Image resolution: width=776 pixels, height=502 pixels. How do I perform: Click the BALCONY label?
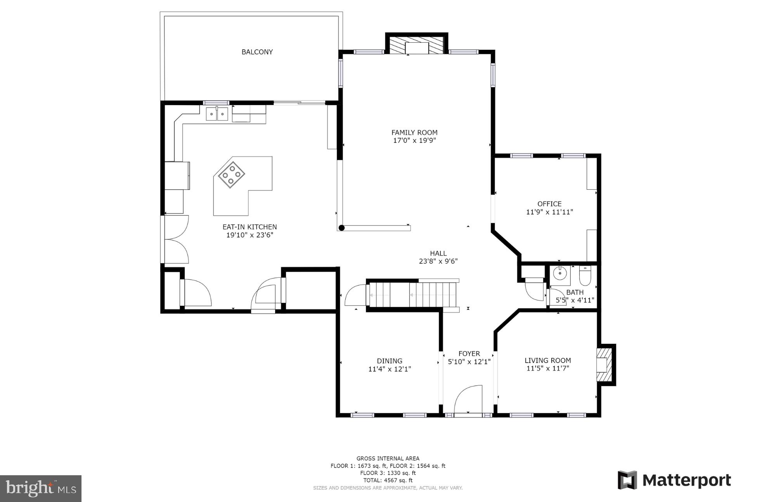(257, 52)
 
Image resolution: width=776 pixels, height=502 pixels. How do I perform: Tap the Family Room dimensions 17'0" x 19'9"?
(414, 140)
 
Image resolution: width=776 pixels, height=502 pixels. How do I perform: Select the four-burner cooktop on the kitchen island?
(231, 175)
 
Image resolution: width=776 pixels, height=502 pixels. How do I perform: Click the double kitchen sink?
(217, 114)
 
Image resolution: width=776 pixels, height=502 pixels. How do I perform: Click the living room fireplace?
(604, 365)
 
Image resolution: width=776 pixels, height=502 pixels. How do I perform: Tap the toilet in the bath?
(584, 276)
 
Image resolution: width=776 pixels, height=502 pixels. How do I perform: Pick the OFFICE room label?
(549, 204)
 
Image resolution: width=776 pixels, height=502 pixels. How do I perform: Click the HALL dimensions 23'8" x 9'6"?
(438, 261)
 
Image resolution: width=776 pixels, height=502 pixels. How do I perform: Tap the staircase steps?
(413, 295)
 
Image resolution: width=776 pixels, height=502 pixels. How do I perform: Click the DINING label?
(390, 361)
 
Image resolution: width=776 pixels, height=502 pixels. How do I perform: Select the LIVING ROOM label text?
(547, 360)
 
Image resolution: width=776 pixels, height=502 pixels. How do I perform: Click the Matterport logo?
(674, 480)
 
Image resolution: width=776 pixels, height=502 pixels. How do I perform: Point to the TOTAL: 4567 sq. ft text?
(388, 480)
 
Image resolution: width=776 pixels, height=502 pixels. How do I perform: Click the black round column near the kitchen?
(341, 228)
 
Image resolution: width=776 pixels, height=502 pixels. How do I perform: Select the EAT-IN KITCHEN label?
(249, 227)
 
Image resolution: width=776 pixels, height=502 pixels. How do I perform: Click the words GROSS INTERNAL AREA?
(388, 459)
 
